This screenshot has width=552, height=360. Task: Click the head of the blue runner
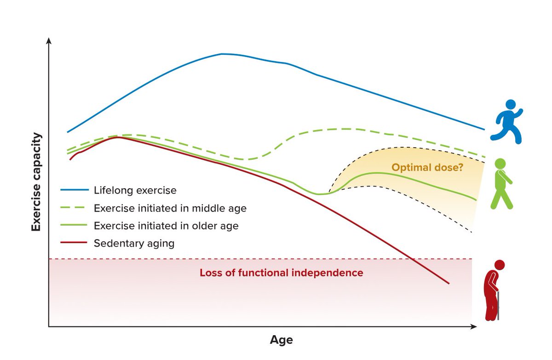coord(511,105)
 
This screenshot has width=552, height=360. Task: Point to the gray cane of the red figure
coord(498,306)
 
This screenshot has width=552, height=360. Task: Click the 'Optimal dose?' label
coord(427,168)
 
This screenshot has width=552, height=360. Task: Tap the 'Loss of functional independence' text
coord(281,273)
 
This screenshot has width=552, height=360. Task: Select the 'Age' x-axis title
coord(281,340)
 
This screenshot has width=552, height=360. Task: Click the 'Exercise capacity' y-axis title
coord(36,182)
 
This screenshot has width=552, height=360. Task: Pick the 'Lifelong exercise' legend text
coord(135,190)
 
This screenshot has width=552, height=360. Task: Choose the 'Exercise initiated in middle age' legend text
coord(170,209)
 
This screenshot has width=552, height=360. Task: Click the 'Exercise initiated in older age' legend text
coord(166,226)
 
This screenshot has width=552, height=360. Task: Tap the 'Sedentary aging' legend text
coord(134,244)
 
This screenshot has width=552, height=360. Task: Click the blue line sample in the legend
coord(75,190)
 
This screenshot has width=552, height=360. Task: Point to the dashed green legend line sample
coord(73,208)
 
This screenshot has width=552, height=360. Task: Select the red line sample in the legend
coord(74,243)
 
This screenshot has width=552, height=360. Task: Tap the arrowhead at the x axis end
coord(474,326)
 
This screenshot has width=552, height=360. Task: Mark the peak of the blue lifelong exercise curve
coord(221,54)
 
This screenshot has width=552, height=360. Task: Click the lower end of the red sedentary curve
coord(449,284)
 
